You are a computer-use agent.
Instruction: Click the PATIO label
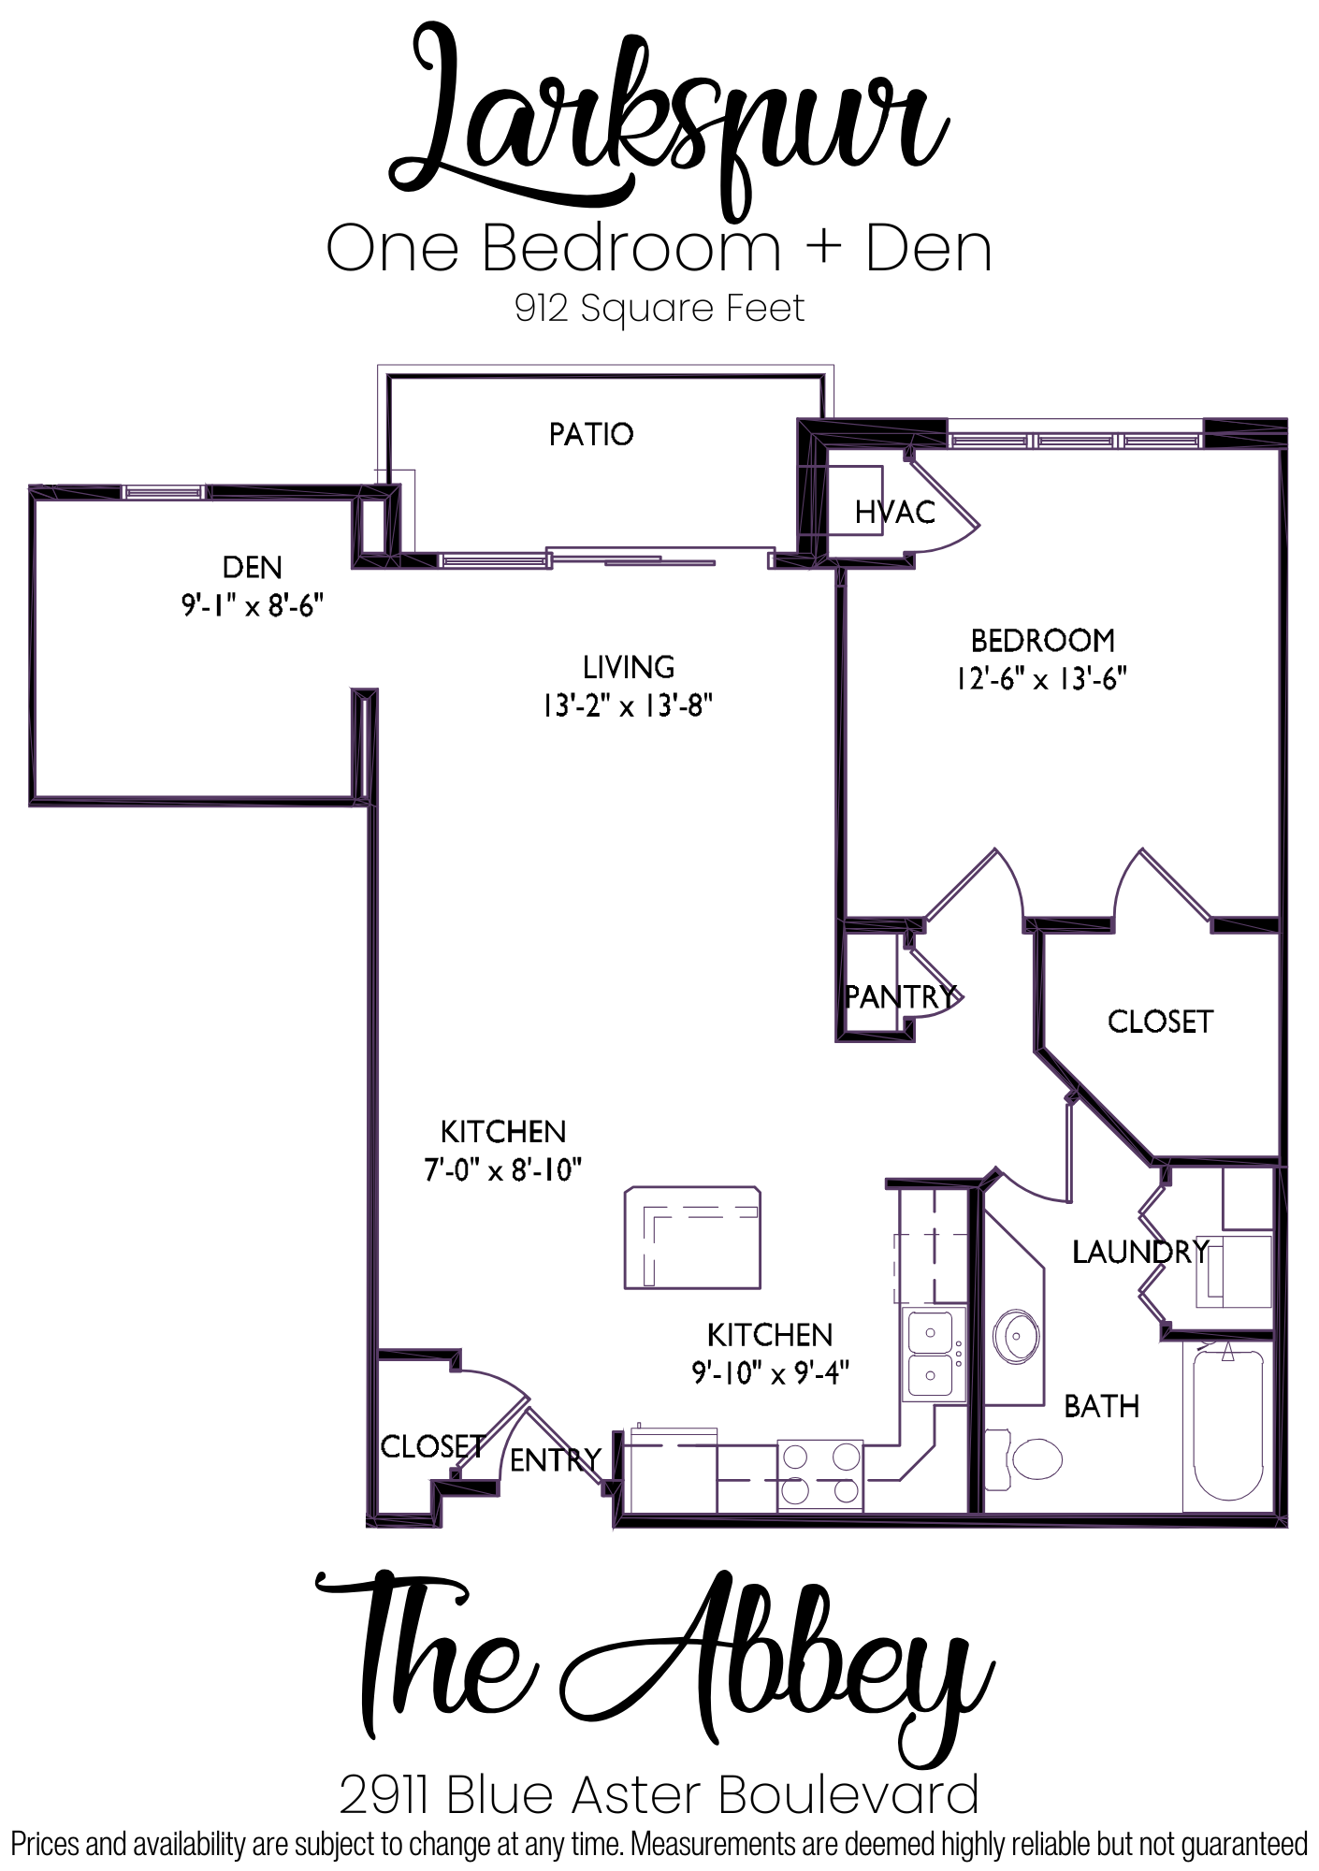pyautogui.click(x=591, y=434)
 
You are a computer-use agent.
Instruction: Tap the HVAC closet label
pyautogui.click(x=894, y=512)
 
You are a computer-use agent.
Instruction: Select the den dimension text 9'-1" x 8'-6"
pyautogui.click(x=253, y=606)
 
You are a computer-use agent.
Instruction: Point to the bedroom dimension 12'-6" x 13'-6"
pyautogui.click(x=1041, y=678)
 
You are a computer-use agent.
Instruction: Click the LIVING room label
pyautogui.click(x=629, y=667)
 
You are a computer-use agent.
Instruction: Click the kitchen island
pyautogui.click(x=692, y=1238)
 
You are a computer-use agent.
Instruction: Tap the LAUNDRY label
pyautogui.click(x=1140, y=1252)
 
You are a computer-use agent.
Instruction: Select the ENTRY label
pyautogui.click(x=555, y=1459)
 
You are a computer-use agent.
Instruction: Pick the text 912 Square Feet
pyautogui.click(x=659, y=309)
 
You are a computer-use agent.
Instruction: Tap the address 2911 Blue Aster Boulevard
pyautogui.click(x=659, y=1795)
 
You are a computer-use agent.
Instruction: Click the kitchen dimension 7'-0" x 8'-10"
pyautogui.click(x=503, y=1170)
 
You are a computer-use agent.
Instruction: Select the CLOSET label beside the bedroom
pyautogui.click(x=1160, y=1022)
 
